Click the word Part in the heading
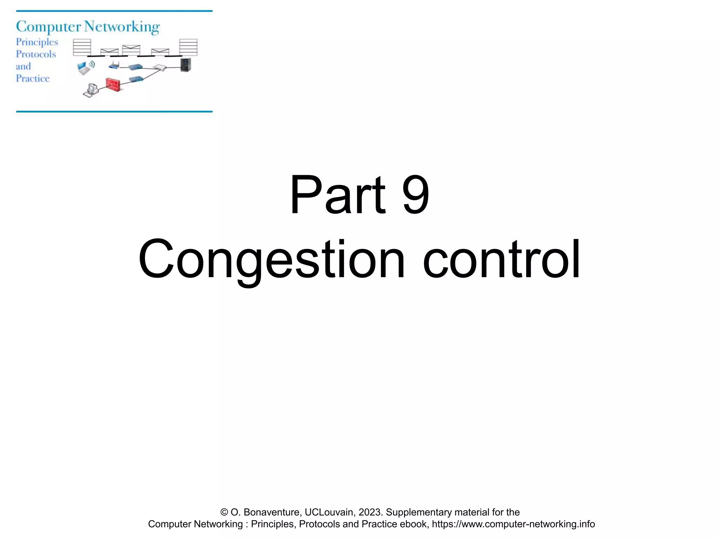pos(337,194)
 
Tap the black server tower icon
pos(186,65)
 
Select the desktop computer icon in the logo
pos(91,90)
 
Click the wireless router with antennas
pos(114,66)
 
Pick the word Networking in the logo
pos(122,27)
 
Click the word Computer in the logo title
pos(48,27)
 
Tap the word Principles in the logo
pos(37,42)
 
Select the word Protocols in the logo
pos(36,54)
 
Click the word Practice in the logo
pos(33,79)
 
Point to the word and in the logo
pos(23,67)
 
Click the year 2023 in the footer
pos(369,512)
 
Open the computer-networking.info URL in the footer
pos(513,524)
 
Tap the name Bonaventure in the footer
pos(272,512)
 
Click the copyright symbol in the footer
pos(224,512)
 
